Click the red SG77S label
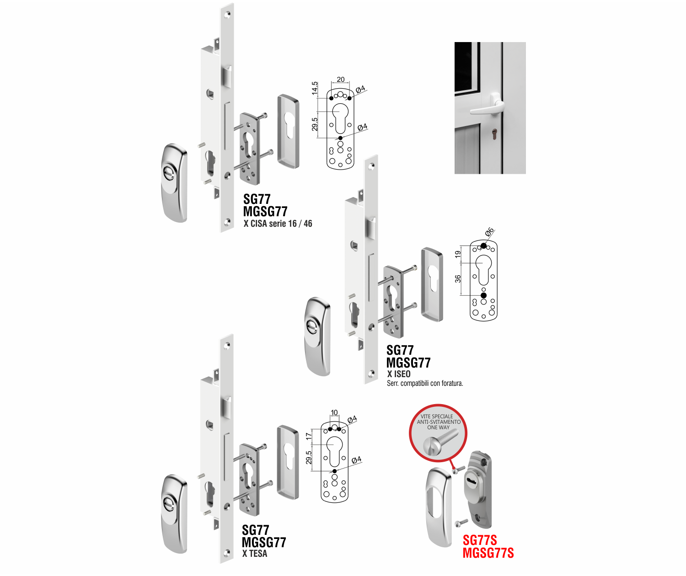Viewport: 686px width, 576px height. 480,540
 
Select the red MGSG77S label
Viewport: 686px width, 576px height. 488,553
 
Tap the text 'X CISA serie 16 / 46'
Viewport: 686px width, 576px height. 278,224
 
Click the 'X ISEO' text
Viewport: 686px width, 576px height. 399,373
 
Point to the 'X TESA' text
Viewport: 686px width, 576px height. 255,553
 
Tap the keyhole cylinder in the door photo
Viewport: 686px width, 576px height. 495,134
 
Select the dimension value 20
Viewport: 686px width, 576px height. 341,80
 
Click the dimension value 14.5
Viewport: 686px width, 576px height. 315,88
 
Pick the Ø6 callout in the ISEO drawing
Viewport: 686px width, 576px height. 489,232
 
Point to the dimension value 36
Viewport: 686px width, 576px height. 458,279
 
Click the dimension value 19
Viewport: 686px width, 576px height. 458,254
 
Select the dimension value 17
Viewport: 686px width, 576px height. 309,437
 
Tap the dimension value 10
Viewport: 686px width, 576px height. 334,412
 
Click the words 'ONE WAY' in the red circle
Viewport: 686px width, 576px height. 438,427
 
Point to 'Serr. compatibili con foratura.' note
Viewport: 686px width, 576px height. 425,383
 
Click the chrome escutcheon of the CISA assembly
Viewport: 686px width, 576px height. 174,183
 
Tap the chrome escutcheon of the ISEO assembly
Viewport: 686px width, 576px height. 318,336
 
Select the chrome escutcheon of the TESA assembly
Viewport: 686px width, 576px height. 174,514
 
